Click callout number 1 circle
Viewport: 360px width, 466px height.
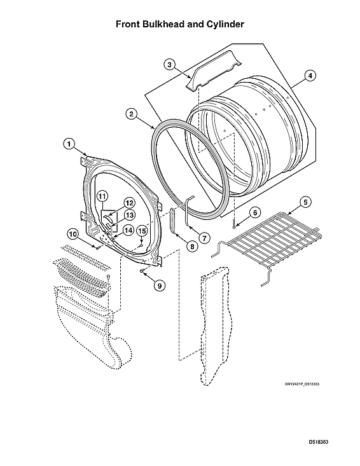pos(69,144)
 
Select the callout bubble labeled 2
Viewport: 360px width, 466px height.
pos(131,114)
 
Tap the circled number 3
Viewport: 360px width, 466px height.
pos(169,64)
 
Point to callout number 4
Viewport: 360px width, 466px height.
pos(309,76)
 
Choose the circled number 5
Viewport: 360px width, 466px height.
pos(305,202)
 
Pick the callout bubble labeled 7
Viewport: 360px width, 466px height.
pos(204,236)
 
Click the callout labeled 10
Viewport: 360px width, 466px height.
pos(73,234)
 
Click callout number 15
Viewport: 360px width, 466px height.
pos(142,230)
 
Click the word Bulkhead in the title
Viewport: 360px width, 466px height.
pos(168,24)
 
